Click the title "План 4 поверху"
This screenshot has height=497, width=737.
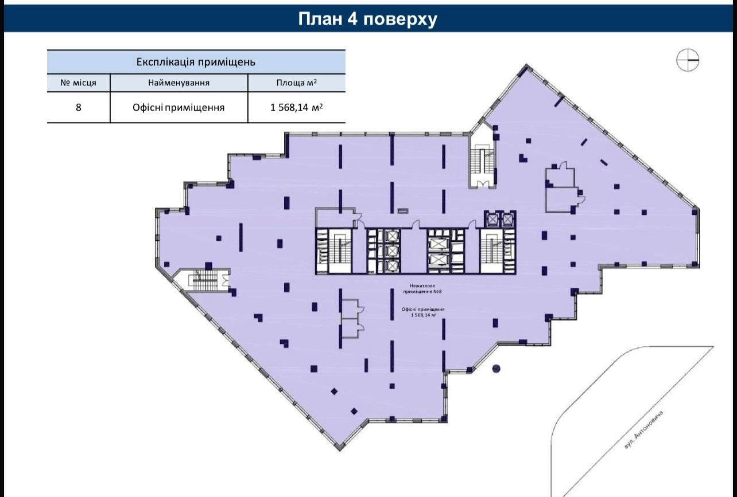(367, 19)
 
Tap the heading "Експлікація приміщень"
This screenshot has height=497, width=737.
(196, 62)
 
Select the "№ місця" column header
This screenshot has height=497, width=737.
(78, 83)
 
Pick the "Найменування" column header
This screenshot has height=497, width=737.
(179, 83)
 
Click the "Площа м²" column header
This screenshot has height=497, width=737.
(296, 83)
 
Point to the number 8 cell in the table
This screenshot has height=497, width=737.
(78, 107)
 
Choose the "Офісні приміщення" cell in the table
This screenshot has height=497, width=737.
(179, 107)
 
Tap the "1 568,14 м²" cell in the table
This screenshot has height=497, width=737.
(296, 107)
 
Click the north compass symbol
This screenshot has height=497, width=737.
(688, 60)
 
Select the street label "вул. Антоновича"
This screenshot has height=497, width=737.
(643, 430)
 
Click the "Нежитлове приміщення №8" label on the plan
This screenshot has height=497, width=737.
(422, 289)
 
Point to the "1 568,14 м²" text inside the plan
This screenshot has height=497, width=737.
(424, 315)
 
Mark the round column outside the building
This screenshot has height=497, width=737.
(496, 369)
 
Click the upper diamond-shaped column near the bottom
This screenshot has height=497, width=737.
(334, 391)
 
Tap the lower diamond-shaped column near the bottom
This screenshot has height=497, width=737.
(354, 411)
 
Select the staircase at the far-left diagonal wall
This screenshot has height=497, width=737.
(203, 280)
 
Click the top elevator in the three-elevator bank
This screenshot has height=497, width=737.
(393, 236)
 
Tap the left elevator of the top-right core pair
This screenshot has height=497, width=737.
(492, 219)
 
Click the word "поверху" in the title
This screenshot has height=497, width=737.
(401, 19)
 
